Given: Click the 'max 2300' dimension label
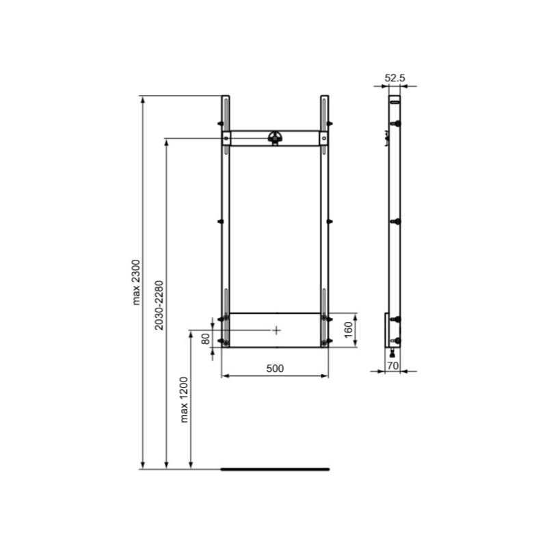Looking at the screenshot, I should click(x=136, y=282).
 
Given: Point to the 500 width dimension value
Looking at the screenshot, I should click(x=274, y=368).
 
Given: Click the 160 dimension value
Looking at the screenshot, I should click(x=347, y=330).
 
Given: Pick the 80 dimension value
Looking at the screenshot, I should click(x=204, y=340).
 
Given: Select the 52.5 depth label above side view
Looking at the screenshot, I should click(x=395, y=79).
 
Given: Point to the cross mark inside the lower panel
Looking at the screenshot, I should click(x=276, y=330).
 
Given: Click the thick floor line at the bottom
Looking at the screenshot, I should click(x=275, y=469).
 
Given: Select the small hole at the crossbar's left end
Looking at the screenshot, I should click(x=226, y=139).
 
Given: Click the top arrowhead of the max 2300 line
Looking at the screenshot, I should click(x=143, y=100).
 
